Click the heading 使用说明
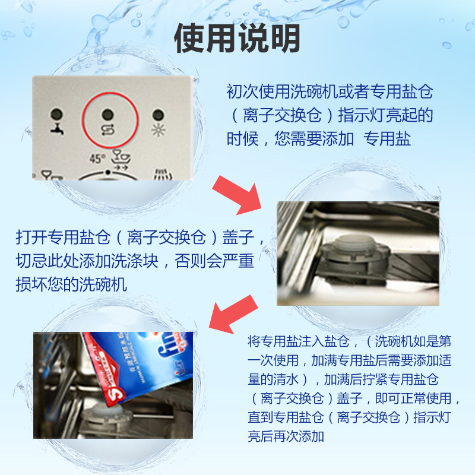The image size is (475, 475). click(x=237, y=39)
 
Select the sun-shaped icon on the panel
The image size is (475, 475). click(x=158, y=130)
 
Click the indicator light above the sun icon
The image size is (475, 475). click(x=157, y=113)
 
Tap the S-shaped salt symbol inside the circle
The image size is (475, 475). click(x=107, y=129)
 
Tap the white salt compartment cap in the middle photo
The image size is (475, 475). click(x=343, y=244)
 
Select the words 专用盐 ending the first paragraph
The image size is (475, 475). click(x=387, y=139)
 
